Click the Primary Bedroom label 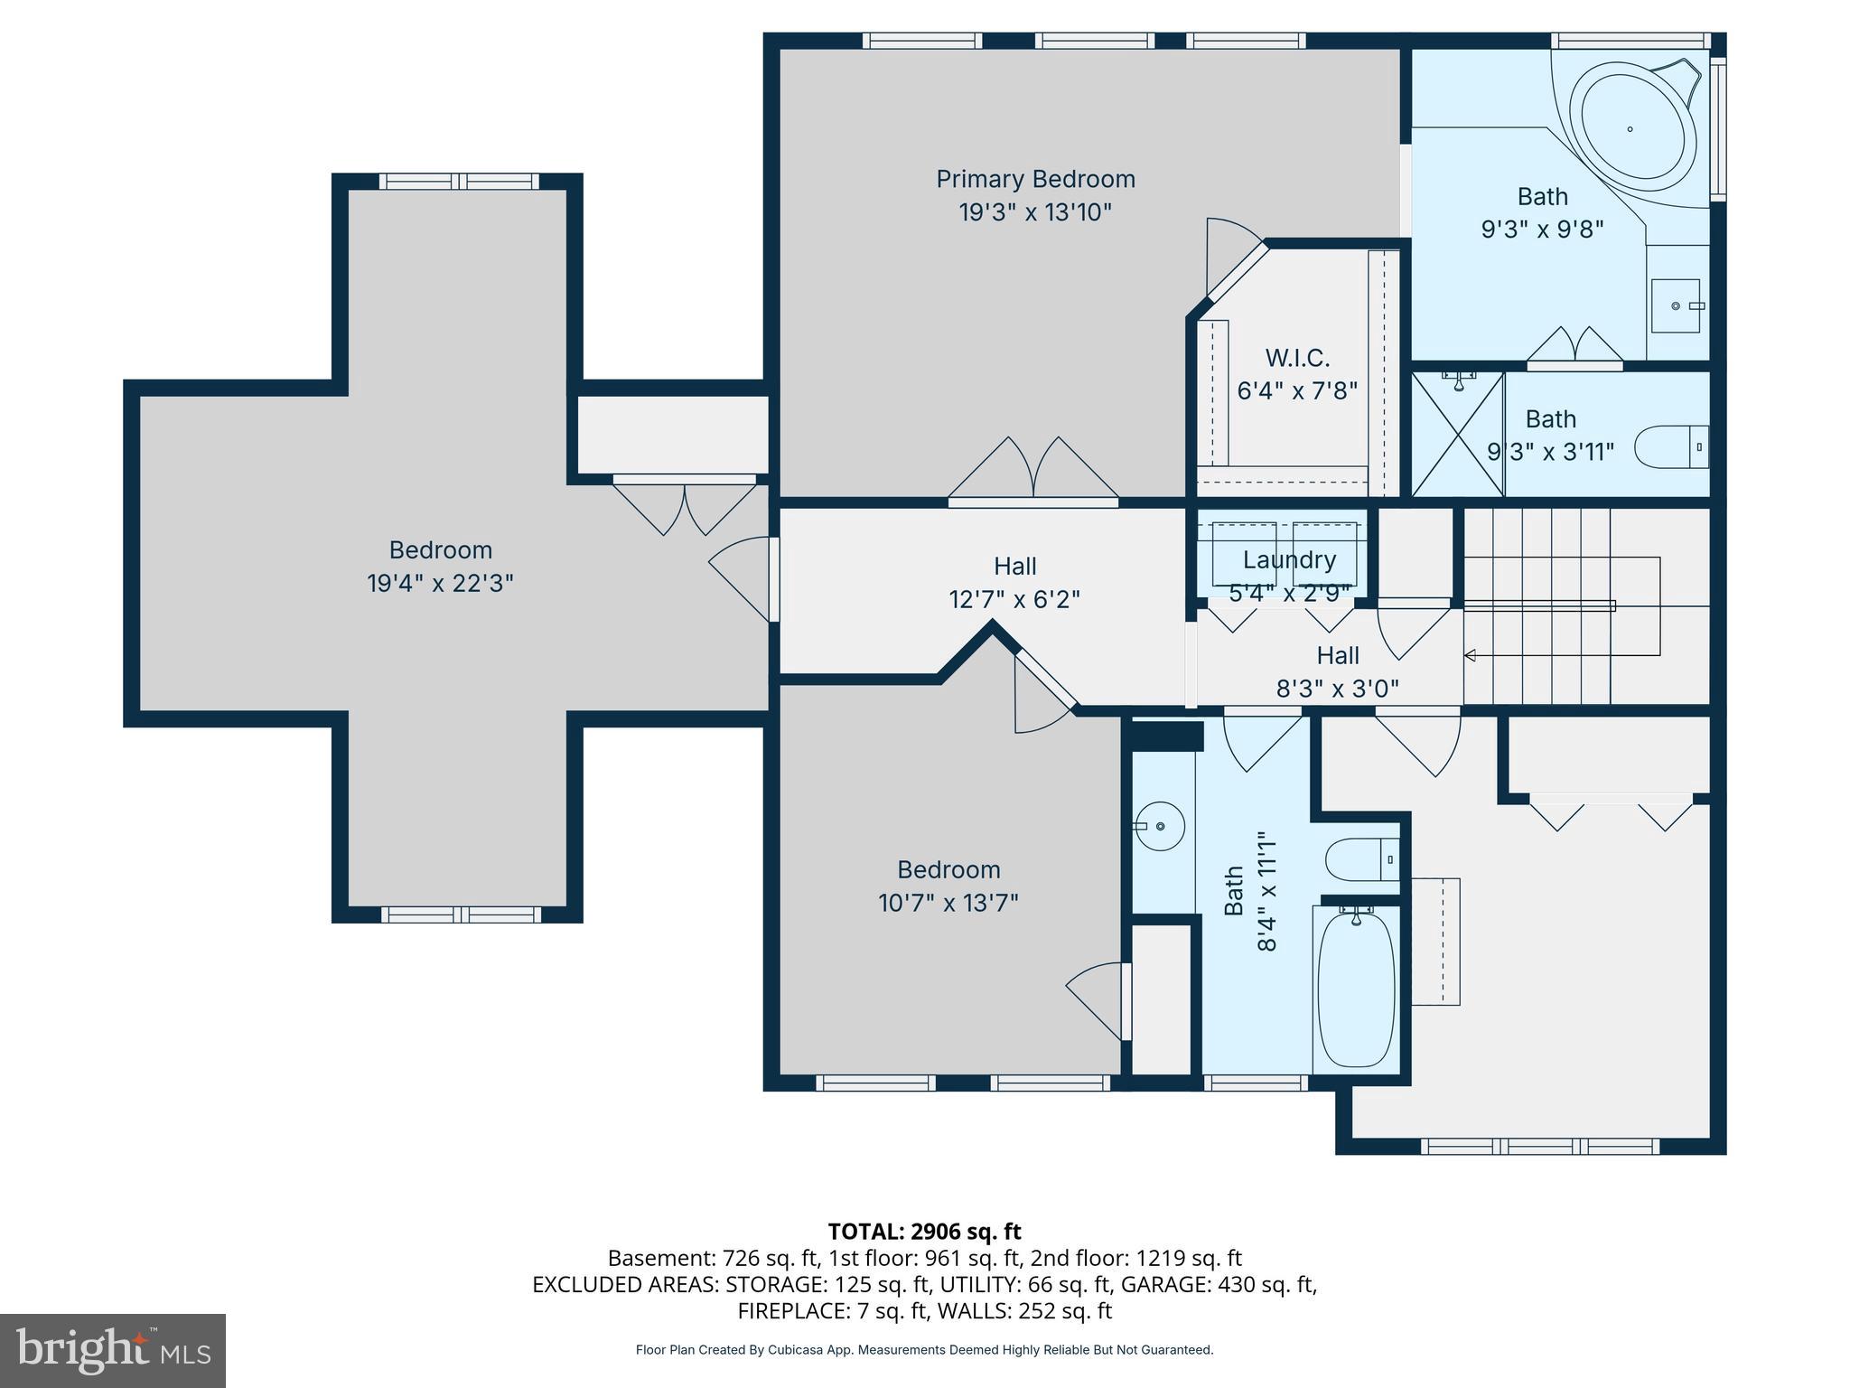(x=1035, y=179)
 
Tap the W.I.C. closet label (x=1297, y=359)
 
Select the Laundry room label (x=1289, y=559)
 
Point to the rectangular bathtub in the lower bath (x=1356, y=990)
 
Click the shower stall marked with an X (x=1457, y=435)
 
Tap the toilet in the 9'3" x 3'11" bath (x=1672, y=447)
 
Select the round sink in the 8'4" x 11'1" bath (x=1161, y=826)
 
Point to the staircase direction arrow (x=1470, y=655)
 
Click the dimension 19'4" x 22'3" (x=440, y=584)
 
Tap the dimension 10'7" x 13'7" (x=948, y=903)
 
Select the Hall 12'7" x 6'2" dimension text (x=1014, y=599)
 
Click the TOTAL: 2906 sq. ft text (x=924, y=1232)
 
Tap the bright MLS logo (x=113, y=1350)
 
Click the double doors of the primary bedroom (x=1033, y=472)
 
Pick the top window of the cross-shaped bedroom (x=459, y=182)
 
